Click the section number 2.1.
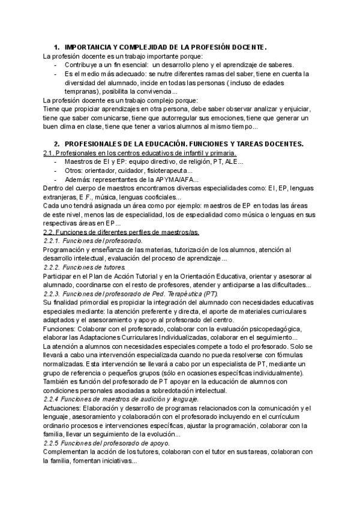(49, 153)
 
